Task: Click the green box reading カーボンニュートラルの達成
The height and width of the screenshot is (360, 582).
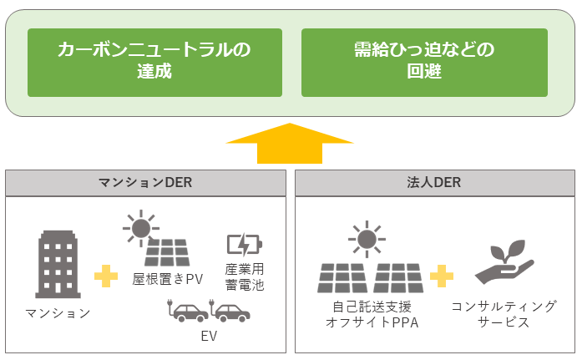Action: click(153, 61)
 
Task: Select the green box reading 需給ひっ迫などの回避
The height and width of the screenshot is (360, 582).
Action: click(424, 61)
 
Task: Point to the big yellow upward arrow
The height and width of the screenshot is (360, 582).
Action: click(290, 145)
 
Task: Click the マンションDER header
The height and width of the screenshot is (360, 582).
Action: click(144, 183)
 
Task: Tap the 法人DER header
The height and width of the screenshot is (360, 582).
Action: click(434, 183)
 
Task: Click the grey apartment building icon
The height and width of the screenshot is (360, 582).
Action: click(58, 263)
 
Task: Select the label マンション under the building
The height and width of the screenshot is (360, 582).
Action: click(58, 313)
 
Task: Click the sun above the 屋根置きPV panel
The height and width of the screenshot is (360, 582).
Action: click(141, 226)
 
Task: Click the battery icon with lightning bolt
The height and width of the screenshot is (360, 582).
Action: click(244, 244)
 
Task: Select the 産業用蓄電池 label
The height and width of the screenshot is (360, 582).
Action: click(244, 276)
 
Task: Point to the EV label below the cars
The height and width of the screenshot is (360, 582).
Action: click(209, 338)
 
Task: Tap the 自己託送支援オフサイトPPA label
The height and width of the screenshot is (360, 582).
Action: click(370, 314)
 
